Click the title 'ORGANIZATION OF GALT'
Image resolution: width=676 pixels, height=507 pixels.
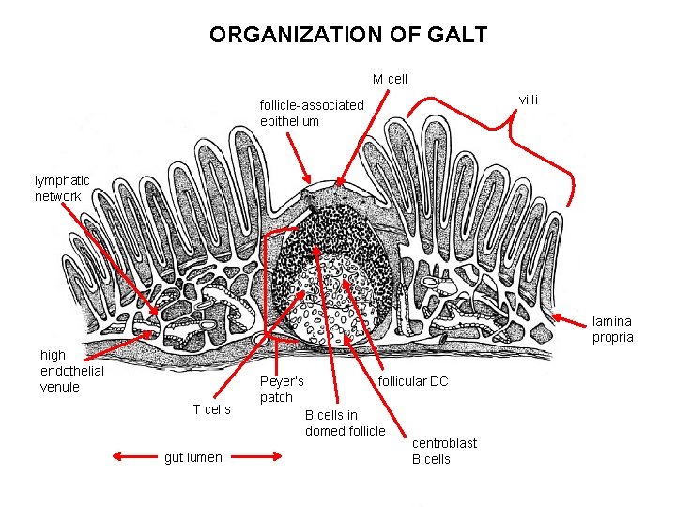348,36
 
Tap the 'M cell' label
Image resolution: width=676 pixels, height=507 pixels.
391,79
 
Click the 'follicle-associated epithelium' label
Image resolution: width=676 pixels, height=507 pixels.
311,113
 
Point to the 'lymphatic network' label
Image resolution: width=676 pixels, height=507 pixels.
62,188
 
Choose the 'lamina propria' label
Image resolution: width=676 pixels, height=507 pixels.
612,329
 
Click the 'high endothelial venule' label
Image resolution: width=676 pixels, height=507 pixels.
71,370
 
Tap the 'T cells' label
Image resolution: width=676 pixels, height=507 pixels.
211,408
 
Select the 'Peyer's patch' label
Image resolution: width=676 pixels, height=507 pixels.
282,389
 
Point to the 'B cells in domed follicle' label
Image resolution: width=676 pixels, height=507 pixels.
345,422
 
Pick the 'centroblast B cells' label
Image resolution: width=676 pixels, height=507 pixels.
444,451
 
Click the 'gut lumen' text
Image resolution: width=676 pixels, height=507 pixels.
193,457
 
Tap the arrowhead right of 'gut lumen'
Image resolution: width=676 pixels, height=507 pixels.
278,457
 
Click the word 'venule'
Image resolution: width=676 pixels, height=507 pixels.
60,386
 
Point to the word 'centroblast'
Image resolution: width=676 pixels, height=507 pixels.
444,443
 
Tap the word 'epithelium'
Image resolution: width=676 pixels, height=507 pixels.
290,121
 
